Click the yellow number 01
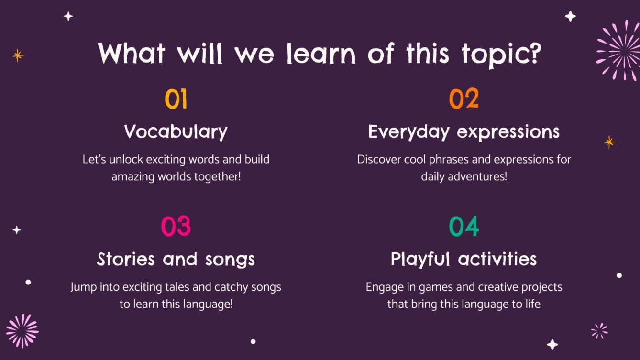(176, 99)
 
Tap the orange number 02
(463, 99)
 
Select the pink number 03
(176, 226)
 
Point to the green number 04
(463, 226)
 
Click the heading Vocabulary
(176, 132)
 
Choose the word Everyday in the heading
(409, 132)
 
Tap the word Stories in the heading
(126, 259)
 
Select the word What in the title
(132, 53)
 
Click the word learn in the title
(321, 54)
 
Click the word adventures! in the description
(477, 176)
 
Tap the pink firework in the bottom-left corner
(22, 331)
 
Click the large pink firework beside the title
(618, 51)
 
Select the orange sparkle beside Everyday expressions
(610, 142)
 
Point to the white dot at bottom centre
(253, 341)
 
